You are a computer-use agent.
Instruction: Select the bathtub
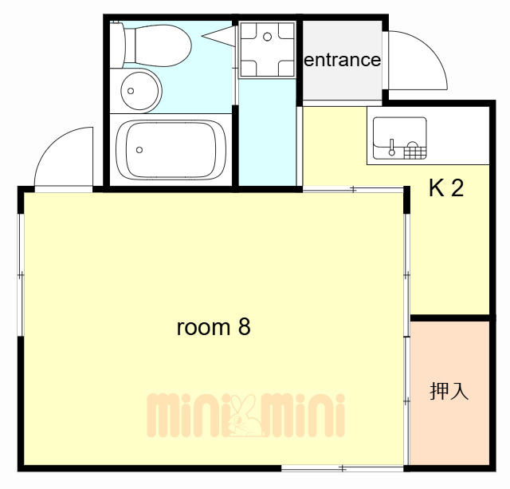point(169,151)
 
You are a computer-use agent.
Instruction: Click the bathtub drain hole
point(140,149)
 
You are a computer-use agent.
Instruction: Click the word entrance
point(343,60)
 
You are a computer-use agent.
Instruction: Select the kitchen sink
point(399,137)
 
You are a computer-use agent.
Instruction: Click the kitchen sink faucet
point(391,147)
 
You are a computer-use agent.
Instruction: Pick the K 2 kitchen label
point(445,189)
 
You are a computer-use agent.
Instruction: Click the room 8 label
point(213,327)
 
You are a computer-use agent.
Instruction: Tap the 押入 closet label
point(449,392)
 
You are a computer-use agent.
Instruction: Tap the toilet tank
point(118,45)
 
